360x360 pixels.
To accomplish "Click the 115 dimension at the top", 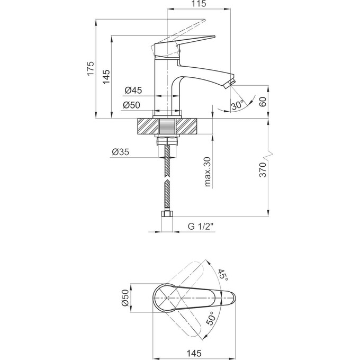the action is pyautogui.click(x=199, y=4).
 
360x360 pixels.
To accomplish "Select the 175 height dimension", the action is pyautogui.click(x=91, y=68).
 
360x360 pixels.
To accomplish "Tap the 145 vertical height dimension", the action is pyautogui.click(x=106, y=76).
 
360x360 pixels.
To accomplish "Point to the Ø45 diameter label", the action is pyautogui.click(x=133, y=91).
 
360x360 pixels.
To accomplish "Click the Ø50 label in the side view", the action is pyautogui.click(x=131, y=105).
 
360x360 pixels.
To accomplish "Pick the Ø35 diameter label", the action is pyautogui.click(x=121, y=152).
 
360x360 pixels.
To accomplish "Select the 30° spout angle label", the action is pyautogui.click(x=238, y=105).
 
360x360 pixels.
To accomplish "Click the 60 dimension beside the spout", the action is pyautogui.click(x=263, y=102).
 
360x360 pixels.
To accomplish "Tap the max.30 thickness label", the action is pyautogui.click(x=207, y=172).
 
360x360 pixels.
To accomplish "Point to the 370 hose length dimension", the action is pyautogui.click(x=263, y=170).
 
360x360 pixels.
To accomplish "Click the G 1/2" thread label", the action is pyautogui.click(x=201, y=227).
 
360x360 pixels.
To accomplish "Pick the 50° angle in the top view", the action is pyautogui.click(x=211, y=319).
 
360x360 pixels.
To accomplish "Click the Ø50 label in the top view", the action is pyautogui.click(x=125, y=298).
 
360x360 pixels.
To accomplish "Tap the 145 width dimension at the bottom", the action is pyautogui.click(x=194, y=353).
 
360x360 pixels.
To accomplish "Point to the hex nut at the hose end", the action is pyautogui.click(x=167, y=214).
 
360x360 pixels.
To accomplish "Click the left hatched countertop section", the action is pyautogui.click(x=148, y=126).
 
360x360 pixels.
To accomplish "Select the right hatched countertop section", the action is pyautogui.click(x=186, y=126).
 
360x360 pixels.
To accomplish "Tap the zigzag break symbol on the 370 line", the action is pyautogui.click(x=268, y=156).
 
